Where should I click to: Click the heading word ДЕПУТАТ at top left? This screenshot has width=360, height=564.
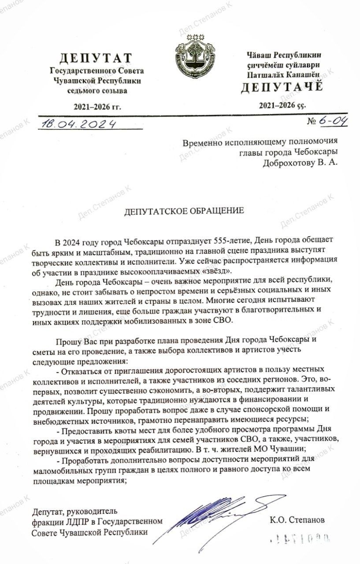96,58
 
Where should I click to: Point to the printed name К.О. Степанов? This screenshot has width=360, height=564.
297,520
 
